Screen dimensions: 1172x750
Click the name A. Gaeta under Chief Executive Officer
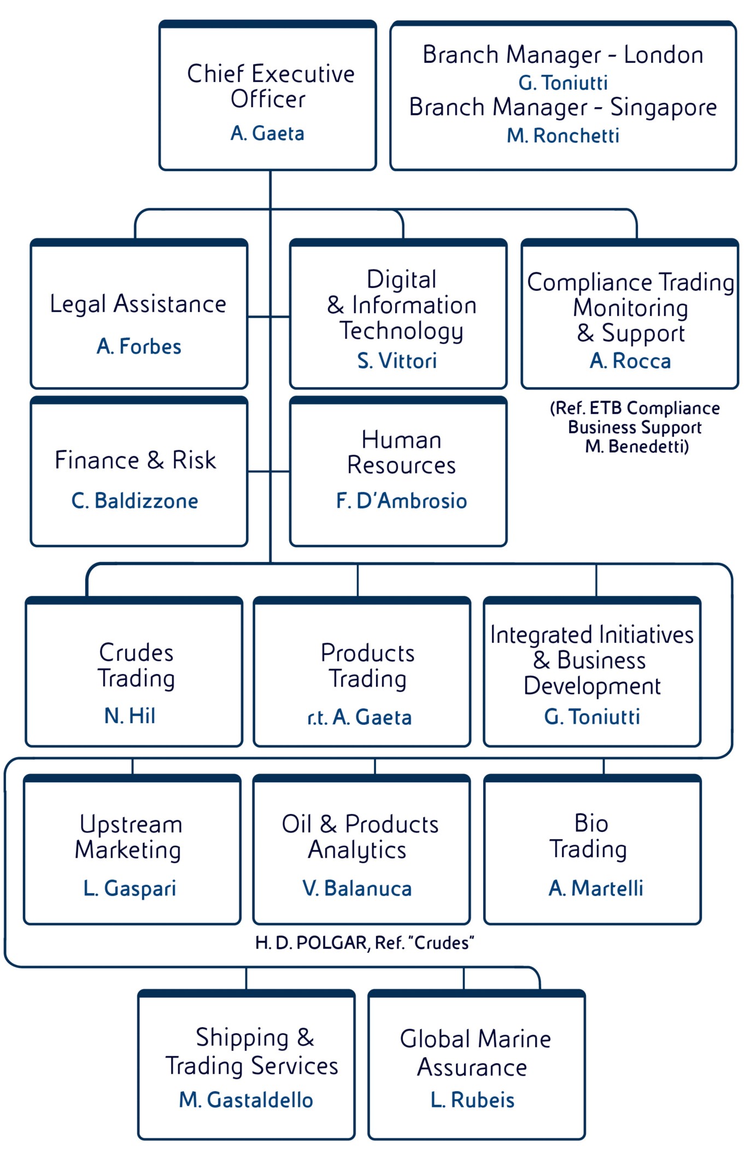[267, 133]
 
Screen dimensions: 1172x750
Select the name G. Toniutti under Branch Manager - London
[562, 83]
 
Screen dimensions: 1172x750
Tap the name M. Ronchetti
[562, 136]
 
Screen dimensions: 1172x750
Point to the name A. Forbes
[139, 346]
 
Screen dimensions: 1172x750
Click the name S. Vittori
[397, 361]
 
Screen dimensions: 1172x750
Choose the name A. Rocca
[630, 361]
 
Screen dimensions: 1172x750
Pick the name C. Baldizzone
[135, 501]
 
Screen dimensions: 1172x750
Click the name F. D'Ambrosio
[401, 501]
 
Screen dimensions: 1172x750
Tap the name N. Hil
[130, 716]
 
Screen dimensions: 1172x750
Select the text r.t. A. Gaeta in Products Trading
[359, 717]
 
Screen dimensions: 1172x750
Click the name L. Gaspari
[130, 888]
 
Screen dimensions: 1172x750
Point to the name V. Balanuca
[357, 888]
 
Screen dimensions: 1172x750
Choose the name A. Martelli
[596, 888]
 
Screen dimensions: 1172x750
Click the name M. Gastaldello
[246, 1100]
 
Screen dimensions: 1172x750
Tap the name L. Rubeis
[472, 1100]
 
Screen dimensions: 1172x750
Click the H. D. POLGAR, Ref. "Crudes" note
[364, 943]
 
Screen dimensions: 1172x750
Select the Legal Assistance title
[138, 304]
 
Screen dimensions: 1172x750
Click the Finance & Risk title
[135, 460]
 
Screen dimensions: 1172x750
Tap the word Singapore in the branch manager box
[663, 107]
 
